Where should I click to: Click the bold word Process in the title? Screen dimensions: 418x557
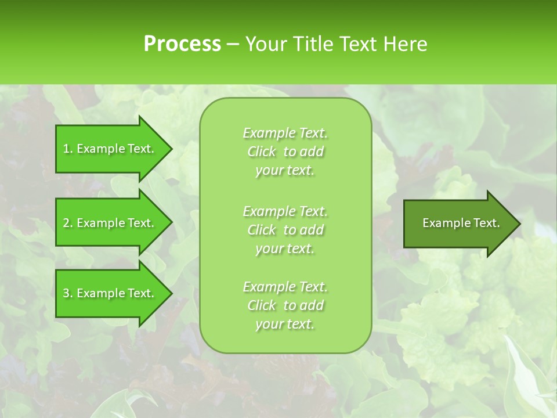point(182,44)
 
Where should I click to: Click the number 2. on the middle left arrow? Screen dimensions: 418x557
point(67,223)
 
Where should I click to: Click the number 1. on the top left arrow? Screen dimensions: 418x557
point(67,149)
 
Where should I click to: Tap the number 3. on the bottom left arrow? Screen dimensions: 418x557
point(67,293)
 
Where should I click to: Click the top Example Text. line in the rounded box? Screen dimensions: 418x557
point(285,133)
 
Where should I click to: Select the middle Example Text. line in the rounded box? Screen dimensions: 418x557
point(285,211)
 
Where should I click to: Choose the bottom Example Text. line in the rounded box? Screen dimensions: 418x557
point(285,287)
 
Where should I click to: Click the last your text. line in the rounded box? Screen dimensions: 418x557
point(285,324)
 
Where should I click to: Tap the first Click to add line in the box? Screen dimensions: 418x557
point(285,152)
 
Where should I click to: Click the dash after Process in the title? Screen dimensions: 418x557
point(232,44)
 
